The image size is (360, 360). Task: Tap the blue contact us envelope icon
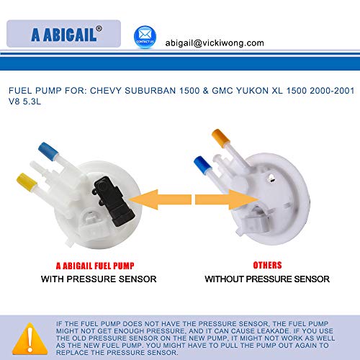point(145,37)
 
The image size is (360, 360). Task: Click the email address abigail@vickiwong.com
point(215,43)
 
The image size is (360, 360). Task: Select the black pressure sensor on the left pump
point(113,201)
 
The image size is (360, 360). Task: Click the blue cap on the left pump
point(48,150)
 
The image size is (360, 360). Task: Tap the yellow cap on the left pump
point(27,182)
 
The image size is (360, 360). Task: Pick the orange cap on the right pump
point(221,138)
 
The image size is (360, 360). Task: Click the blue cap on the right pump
point(203,165)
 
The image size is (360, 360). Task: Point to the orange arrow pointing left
point(160,199)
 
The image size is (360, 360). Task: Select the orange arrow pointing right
point(227,199)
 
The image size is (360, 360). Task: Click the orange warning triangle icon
point(30,338)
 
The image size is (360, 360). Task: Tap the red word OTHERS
point(267,265)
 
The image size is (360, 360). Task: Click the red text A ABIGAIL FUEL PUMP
point(95,266)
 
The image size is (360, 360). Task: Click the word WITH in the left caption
point(53,279)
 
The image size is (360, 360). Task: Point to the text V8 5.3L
point(24,102)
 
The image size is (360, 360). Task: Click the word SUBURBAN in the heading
point(150,91)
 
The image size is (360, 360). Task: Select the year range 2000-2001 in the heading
point(332,91)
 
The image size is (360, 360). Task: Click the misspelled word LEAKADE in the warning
point(273,331)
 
